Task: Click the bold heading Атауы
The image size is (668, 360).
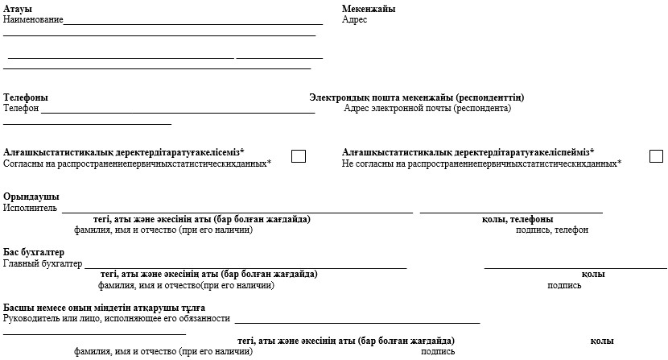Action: [x=18, y=9]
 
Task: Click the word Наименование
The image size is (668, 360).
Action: [x=33, y=19]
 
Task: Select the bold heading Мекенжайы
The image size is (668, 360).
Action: [x=368, y=9]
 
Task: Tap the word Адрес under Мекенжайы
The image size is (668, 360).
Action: [x=354, y=19]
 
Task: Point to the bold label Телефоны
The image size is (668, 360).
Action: [x=26, y=97]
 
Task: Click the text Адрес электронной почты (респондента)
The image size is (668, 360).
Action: [x=427, y=108]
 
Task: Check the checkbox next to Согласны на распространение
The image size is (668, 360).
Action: [x=298, y=156]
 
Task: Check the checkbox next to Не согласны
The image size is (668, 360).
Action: [x=656, y=156]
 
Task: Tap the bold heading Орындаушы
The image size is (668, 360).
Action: [x=31, y=197]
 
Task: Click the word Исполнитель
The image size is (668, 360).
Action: [x=31, y=208]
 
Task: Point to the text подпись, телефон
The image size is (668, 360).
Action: [x=551, y=230]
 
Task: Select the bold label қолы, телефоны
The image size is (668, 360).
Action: [x=517, y=219]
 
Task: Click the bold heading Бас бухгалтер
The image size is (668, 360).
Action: [x=34, y=253]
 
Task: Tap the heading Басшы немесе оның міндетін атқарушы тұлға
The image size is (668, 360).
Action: [x=104, y=308]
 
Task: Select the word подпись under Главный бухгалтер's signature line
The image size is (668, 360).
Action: [x=564, y=285]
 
